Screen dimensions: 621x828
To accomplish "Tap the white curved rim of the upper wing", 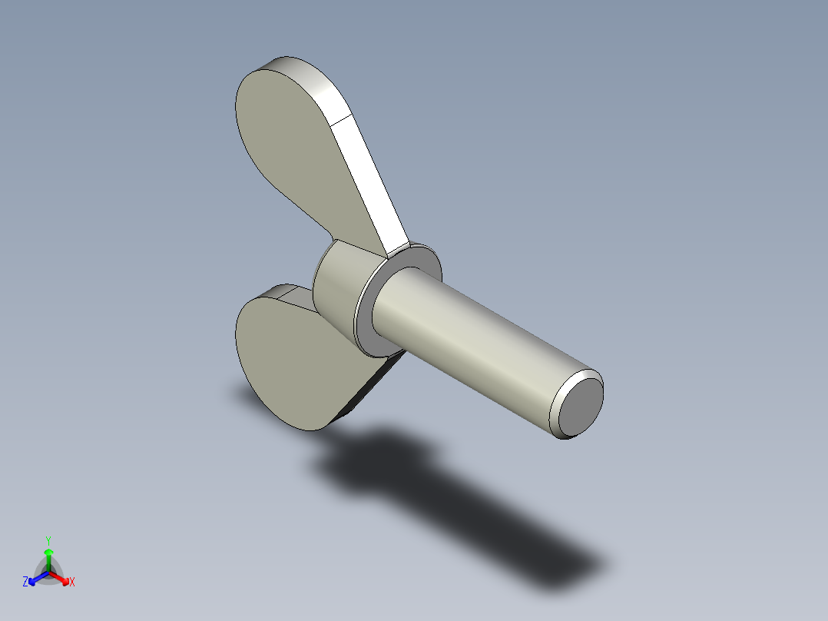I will pos(307,77).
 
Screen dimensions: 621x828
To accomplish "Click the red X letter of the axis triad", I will pos(72,582).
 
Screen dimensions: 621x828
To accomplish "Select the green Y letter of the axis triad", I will pos(48,540).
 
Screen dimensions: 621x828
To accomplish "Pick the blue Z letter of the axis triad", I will pos(25,582).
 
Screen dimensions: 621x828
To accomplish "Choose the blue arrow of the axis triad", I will pos(35,578).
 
